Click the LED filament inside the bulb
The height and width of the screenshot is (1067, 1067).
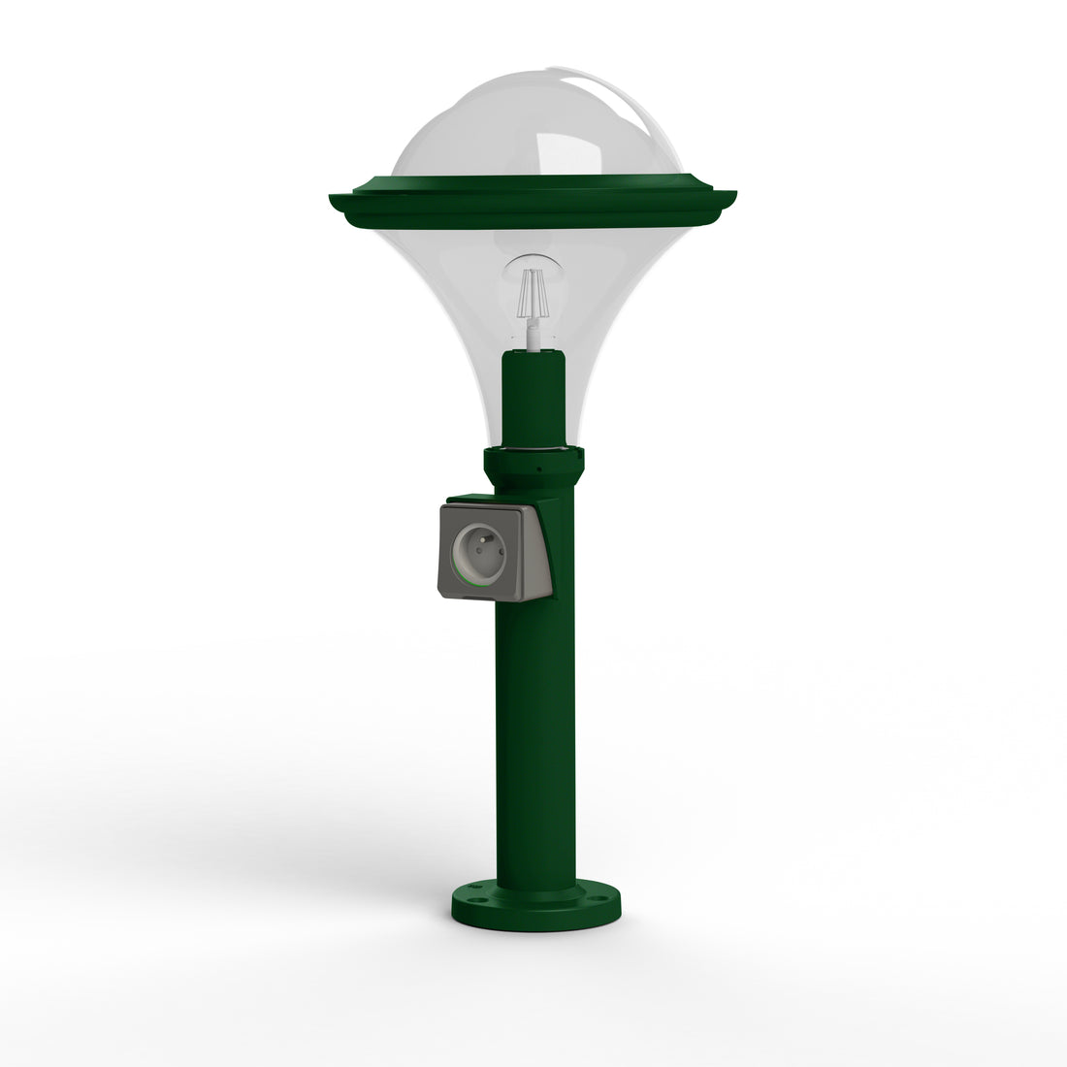(x=533, y=294)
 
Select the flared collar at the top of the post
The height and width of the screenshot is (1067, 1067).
(x=534, y=468)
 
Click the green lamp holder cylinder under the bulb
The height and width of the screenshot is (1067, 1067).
(x=533, y=398)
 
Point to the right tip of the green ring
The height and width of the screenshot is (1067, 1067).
(x=733, y=194)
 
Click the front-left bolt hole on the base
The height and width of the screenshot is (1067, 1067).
(x=473, y=899)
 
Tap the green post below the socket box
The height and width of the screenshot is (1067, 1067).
(x=535, y=737)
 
